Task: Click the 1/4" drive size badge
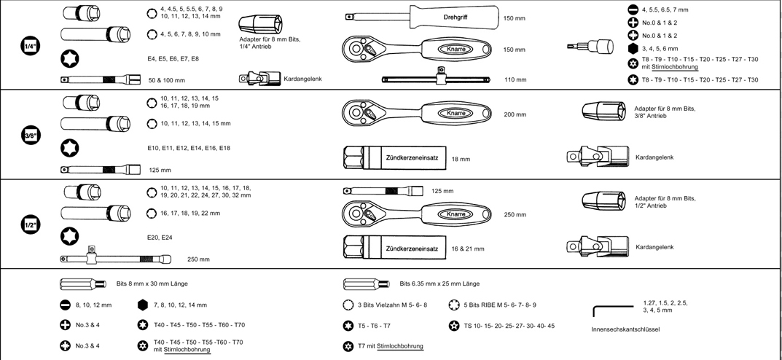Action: [31, 46]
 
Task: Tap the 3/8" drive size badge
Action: [31, 135]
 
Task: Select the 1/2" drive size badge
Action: [31, 225]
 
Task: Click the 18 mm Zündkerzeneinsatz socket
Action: [394, 158]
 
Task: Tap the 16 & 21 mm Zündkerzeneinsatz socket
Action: [394, 249]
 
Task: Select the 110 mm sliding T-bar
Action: [438, 77]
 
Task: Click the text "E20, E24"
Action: [160, 237]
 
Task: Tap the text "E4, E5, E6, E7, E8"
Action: [173, 58]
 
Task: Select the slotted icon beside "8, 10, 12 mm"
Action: [65, 305]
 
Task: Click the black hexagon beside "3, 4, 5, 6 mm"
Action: [633, 48]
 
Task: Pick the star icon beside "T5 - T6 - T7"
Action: [348, 326]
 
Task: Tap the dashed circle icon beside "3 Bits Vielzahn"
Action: [348, 305]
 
